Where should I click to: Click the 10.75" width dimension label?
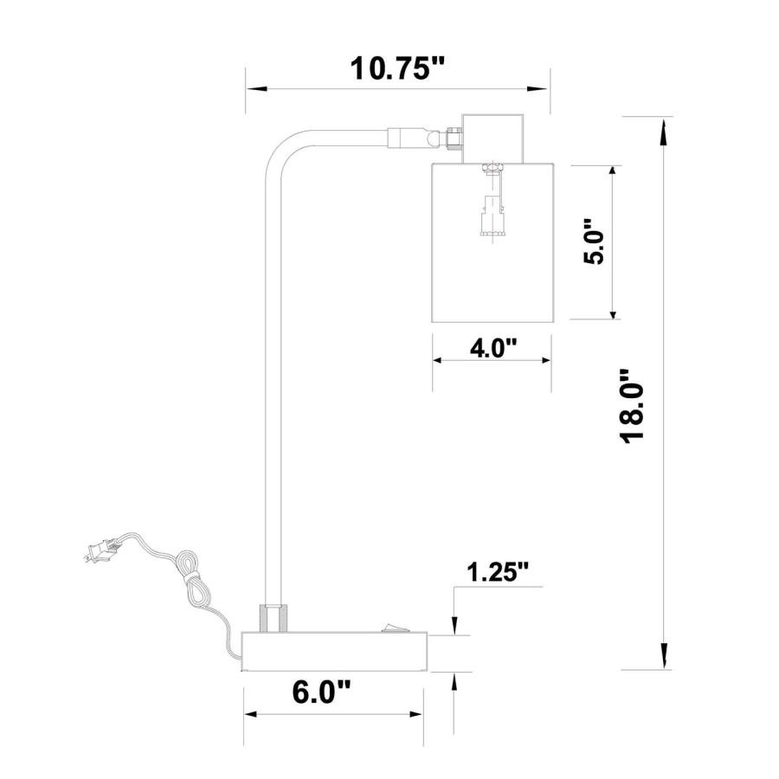pyautogui.click(x=396, y=68)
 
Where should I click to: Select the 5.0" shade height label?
pyautogui.click(x=594, y=242)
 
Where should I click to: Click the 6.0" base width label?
pyautogui.click(x=321, y=692)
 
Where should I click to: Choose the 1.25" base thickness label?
pyautogui.click(x=497, y=572)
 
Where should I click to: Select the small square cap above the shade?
pyautogui.click(x=493, y=138)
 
